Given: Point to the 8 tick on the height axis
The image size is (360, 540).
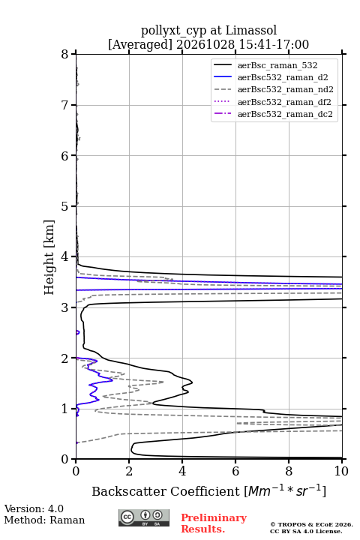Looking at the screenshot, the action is click(x=64, y=55).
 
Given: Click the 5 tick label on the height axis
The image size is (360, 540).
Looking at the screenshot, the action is click(x=64, y=206).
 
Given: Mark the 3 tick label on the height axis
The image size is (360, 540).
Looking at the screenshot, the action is click(x=64, y=307).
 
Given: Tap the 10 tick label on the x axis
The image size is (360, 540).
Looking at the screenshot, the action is click(x=341, y=471).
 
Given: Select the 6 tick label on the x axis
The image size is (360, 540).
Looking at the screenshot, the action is click(x=235, y=471).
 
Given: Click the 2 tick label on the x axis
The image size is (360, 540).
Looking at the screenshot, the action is click(x=129, y=471).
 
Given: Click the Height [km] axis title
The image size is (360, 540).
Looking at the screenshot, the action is click(x=49, y=257).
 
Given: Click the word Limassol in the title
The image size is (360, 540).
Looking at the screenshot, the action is click(x=251, y=30).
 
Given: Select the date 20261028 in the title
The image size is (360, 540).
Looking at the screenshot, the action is click(x=205, y=44).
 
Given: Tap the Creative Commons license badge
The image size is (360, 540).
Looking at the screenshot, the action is click(x=144, y=518).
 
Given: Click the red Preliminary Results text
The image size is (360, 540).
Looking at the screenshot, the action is click(x=214, y=523).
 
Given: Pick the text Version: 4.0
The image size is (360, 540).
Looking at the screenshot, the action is click(x=34, y=508).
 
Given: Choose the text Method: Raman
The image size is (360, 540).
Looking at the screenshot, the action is click(x=44, y=520).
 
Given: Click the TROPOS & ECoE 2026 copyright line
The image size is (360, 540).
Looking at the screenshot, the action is click(x=311, y=524).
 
